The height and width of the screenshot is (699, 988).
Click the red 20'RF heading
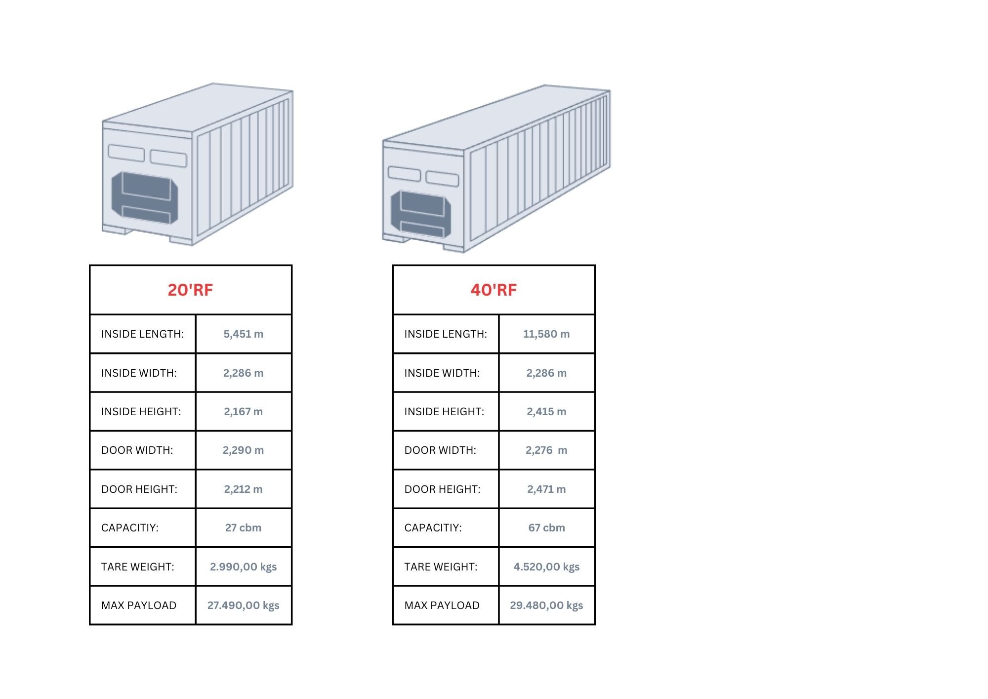coord(190,290)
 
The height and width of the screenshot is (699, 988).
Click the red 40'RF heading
coord(494,290)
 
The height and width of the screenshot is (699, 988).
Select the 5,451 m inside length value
coord(244,334)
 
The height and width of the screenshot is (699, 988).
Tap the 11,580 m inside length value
coord(546,334)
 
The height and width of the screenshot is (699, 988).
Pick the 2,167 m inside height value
coord(244,412)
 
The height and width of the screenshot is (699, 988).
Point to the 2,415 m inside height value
coord(546,412)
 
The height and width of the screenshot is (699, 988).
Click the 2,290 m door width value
coord(244,450)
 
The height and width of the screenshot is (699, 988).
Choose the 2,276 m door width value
coord(546,450)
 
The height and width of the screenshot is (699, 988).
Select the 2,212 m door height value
coord(244,489)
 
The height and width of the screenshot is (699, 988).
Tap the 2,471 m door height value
coord(546,489)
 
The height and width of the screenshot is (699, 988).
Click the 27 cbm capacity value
coord(244,528)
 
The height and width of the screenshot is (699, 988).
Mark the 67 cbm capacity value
coord(546,528)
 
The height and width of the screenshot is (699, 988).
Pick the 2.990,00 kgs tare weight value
coord(244,567)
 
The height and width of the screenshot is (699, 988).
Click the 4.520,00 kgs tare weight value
coord(546,567)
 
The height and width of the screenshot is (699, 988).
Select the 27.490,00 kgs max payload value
coord(244,606)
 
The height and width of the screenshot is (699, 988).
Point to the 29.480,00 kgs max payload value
coord(546,606)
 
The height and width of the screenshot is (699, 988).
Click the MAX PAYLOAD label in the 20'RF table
coord(139,606)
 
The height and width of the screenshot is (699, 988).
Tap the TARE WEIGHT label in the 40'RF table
coord(441,567)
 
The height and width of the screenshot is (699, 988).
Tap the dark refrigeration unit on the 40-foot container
coord(421,214)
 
